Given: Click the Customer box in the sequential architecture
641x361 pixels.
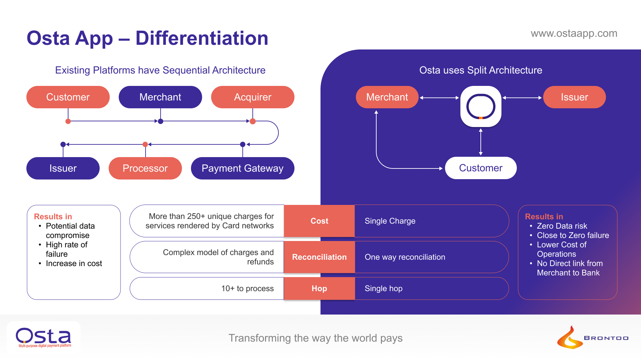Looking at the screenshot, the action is [x=68, y=97].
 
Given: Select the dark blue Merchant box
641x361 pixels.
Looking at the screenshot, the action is [x=160, y=97].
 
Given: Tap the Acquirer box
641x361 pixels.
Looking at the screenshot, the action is [x=252, y=97].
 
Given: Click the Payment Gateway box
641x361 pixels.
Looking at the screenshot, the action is [x=242, y=168].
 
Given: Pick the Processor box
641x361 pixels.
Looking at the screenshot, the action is [x=145, y=168].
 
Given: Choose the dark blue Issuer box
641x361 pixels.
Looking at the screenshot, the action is [x=63, y=168].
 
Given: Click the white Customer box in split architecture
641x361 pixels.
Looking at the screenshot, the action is [x=480, y=168].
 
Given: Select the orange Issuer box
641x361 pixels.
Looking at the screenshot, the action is [x=574, y=97].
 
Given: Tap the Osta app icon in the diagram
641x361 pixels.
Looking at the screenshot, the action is [x=481, y=107].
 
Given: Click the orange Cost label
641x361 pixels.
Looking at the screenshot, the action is [x=319, y=221].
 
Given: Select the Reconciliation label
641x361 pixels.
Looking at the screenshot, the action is [x=319, y=257].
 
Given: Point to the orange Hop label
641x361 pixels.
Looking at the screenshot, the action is [x=319, y=288].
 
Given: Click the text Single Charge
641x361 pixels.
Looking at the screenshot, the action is [x=390, y=221].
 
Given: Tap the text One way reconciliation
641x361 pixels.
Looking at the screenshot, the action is [x=405, y=257].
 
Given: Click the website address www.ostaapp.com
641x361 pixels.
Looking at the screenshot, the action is [x=574, y=33].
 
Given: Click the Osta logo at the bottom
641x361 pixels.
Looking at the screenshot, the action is [x=43, y=337].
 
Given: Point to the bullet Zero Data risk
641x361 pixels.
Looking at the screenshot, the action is [x=562, y=226].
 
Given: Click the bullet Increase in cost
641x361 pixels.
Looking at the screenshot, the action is [x=74, y=263].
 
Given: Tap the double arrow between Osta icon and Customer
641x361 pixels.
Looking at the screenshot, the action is [x=481, y=142].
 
